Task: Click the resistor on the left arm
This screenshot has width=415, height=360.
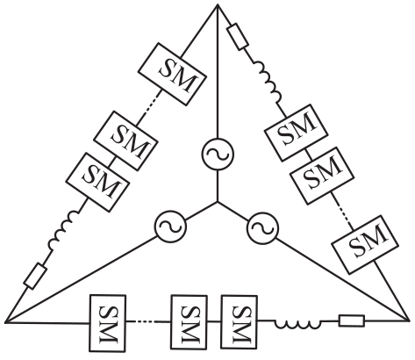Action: [x=36, y=276]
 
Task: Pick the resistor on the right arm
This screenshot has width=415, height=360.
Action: [x=239, y=37]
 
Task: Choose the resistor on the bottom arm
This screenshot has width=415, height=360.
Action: [x=352, y=320]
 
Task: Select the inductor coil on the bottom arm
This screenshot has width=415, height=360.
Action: [x=297, y=324]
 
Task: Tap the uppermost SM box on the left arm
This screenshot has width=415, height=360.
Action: [x=173, y=74]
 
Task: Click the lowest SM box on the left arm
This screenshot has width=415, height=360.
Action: [x=97, y=182]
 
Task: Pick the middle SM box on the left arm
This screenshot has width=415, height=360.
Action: [x=126, y=141]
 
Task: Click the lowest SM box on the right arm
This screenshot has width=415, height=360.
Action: [x=365, y=244]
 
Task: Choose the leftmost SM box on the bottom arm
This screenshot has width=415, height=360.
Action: [x=108, y=323]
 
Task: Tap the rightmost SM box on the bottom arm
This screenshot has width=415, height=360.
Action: [x=240, y=323]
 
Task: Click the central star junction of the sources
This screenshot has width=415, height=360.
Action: [x=218, y=202]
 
